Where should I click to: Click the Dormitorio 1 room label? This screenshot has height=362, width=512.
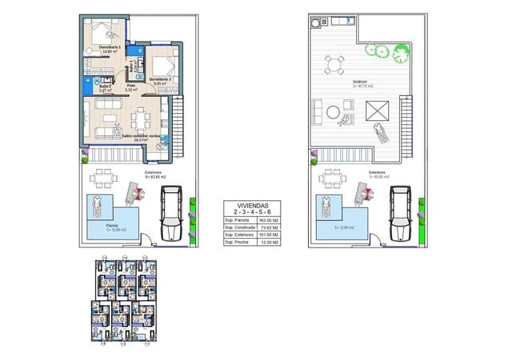(110, 47)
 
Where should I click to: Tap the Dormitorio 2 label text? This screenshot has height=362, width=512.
(161, 78)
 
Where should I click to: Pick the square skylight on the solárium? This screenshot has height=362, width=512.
(378, 109)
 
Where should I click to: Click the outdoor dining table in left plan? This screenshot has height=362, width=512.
(103, 177)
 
